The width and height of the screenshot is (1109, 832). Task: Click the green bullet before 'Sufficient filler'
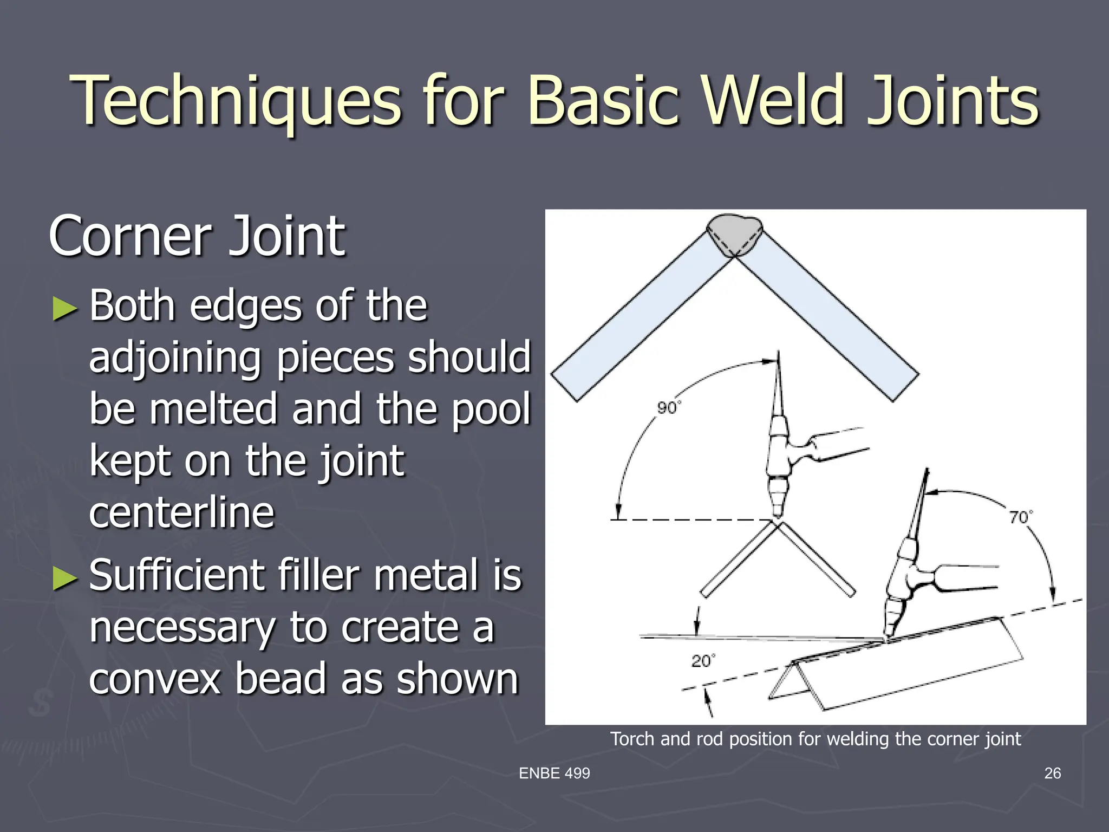point(65,578)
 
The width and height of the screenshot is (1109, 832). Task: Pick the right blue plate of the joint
point(829,320)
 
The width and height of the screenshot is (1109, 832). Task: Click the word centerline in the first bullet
point(182,512)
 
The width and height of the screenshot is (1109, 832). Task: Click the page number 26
point(1052,773)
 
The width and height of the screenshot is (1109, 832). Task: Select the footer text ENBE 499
point(554,773)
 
